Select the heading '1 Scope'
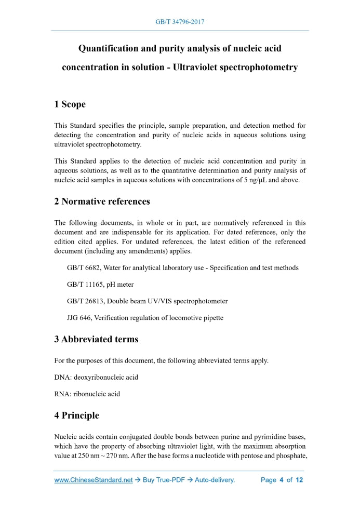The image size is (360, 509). point(70,104)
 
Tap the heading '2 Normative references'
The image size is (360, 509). point(102,202)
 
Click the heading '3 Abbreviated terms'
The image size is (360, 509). point(96,340)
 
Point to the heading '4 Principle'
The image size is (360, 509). point(76,416)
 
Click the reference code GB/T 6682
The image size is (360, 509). point(84,268)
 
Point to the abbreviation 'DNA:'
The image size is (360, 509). point(63,377)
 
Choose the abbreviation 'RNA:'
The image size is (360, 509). point(62,394)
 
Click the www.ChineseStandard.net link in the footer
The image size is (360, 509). point(94,480)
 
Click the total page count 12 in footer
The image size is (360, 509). point(299,480)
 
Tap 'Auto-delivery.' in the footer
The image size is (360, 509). point(215,480)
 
